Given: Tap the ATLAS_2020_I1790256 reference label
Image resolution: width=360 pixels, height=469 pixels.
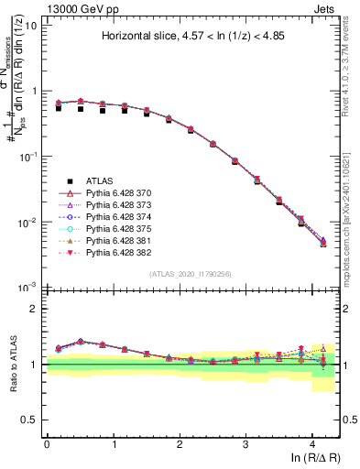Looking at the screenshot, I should [x=192, y=275].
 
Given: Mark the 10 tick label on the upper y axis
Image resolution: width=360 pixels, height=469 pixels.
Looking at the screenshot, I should [x=29, y=25].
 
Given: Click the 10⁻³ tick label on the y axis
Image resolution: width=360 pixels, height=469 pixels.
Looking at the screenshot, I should [x=27, y=288].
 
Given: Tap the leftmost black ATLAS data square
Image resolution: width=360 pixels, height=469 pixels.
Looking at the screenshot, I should [x=59, y=108].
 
